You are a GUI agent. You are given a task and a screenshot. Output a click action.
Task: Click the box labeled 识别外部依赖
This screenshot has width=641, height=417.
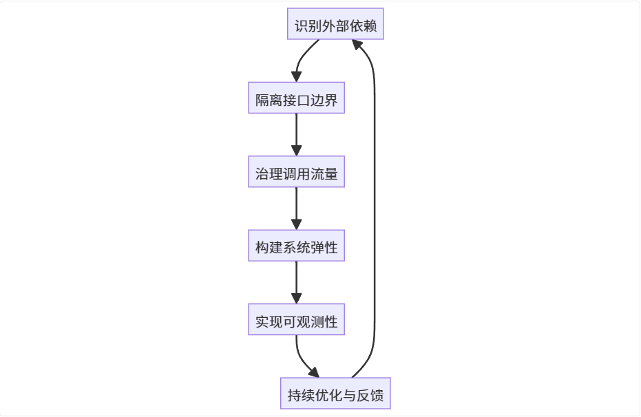[335, 27]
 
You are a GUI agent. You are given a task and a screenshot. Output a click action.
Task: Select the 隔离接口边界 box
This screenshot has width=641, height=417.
[296, 100]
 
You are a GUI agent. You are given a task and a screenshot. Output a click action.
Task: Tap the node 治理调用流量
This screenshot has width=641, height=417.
[296, 174]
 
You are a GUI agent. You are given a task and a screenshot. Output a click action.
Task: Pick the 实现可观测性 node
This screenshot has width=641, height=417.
[296, 321]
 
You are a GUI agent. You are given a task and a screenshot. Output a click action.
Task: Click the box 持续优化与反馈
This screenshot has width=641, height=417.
[335, 396]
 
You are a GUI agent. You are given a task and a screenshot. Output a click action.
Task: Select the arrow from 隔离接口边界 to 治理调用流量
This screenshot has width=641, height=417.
[297, 134]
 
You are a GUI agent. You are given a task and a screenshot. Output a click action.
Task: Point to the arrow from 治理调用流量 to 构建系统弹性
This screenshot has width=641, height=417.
[297, 208]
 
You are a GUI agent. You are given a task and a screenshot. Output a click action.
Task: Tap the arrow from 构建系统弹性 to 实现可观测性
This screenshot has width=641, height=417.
[297, 281]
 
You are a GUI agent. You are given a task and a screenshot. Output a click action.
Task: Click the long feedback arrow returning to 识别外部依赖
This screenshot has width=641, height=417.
[375, 206]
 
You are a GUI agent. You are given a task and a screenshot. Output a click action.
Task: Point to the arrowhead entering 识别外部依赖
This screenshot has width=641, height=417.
[357, 45]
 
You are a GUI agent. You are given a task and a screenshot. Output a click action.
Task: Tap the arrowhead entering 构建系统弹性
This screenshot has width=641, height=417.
[297, 225]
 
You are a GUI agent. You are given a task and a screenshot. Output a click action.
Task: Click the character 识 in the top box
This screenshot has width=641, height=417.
[301, 28]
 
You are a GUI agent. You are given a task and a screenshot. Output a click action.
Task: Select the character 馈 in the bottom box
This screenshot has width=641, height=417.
[377, 396]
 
